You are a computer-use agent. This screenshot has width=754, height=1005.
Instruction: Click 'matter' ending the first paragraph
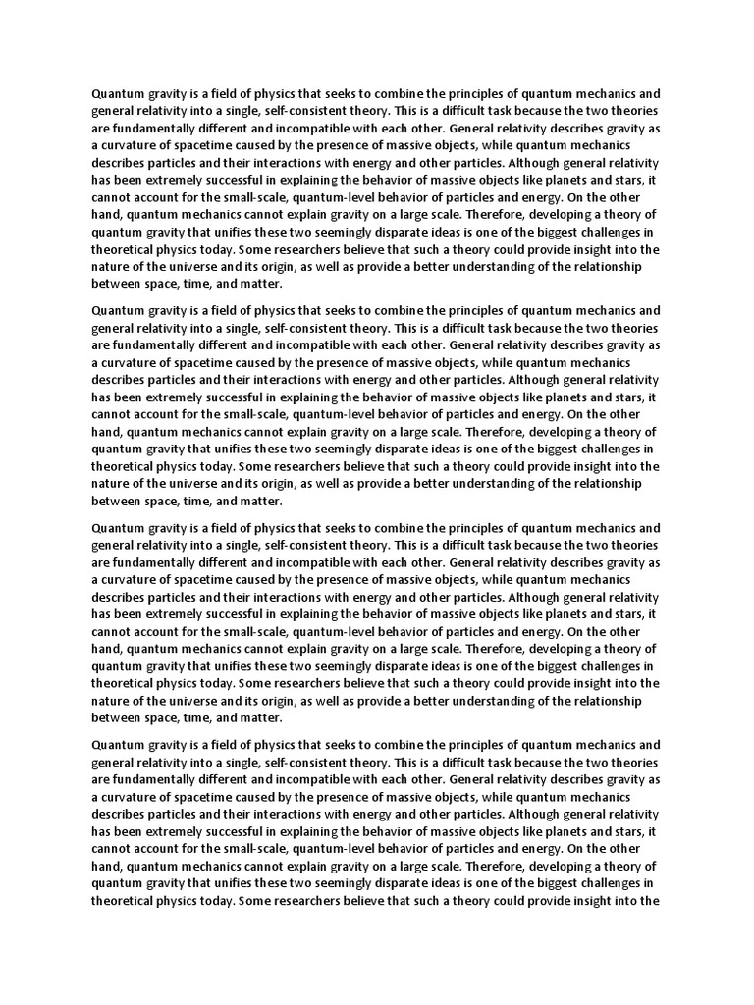pyautogui.click(x=258, y=284)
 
